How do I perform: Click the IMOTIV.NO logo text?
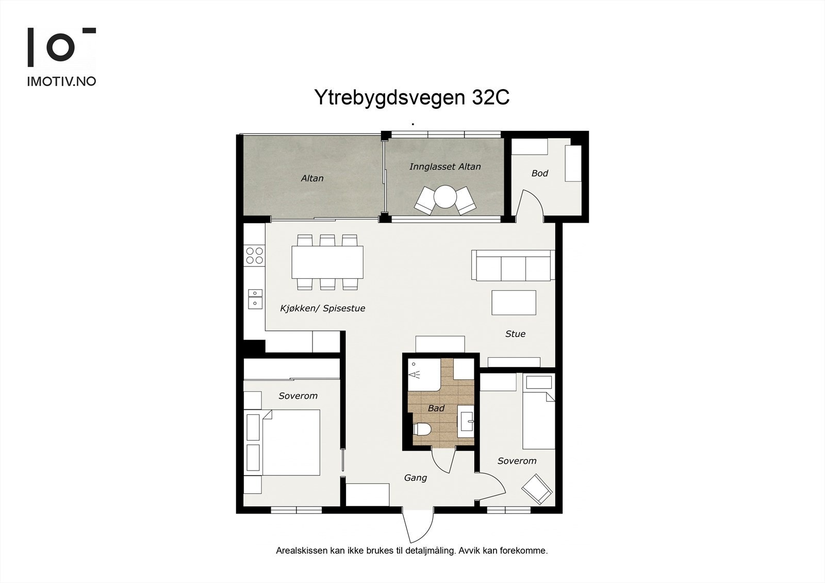[x=61, y=81]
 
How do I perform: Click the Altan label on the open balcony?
[x=312, y=178]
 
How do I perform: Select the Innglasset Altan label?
[x=444, y=166]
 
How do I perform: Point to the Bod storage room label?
[x=539, y=173]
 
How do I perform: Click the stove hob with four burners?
[x=254, y=256]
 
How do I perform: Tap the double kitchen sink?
[x=255, y=299]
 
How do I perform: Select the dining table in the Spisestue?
[x=327, y=262]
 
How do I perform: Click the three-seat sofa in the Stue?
[x=513, y=265]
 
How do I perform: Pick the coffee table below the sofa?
[x=513, y=303]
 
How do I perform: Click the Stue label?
[x=515, y=334]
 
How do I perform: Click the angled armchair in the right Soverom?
[x=537, y=489]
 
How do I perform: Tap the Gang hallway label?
[x=415, y=478]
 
